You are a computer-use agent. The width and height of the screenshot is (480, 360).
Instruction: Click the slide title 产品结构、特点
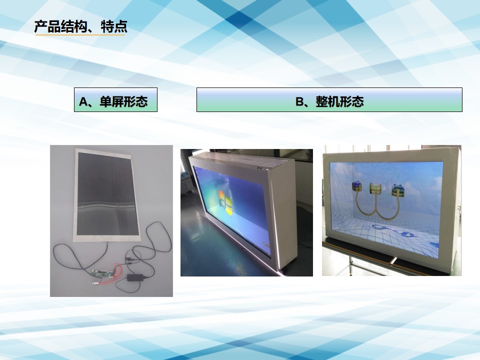[80, 26]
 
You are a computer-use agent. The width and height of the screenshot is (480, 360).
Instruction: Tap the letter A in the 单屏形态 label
[83, 101]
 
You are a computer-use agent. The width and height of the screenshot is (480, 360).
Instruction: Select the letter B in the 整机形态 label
[299, 101]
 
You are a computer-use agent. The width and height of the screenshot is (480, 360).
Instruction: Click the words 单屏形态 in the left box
[123, 101]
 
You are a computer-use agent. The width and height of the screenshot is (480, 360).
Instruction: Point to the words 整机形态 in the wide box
[340, 101]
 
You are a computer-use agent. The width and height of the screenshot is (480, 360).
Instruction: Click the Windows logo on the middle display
[225, 202]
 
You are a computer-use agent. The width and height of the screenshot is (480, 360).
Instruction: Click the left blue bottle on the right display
[356, 186]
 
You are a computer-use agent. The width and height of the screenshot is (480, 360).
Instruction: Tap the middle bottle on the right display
[375, 188]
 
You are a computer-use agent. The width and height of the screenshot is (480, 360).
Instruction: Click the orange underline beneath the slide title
[80, 35]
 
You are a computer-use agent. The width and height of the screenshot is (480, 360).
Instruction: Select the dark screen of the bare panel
[107, 194]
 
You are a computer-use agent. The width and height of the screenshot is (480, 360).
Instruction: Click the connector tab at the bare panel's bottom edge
[108, 242]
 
